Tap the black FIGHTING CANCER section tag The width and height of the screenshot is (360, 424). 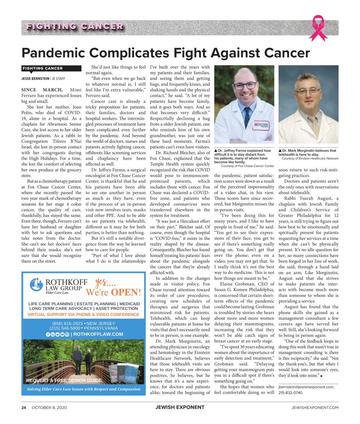coord(43,68)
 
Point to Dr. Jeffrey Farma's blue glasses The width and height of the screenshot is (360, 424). coord(244,86)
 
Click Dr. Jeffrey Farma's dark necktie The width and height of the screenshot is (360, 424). coord(247,117)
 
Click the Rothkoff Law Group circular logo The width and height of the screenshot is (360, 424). coord(36,284)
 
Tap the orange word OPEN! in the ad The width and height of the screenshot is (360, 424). coord(126,293)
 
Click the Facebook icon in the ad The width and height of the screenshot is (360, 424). coord(48,334)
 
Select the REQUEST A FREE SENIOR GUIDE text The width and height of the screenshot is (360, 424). coord(64,381)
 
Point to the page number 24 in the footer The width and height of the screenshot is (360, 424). coord(24,407)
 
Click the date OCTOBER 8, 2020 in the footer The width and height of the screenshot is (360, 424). coord(49,407)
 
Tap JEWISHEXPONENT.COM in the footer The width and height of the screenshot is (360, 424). coord(315,407)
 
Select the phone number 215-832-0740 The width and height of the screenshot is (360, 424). coord(290,393)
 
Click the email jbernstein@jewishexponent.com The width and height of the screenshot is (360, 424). coord(306,387)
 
